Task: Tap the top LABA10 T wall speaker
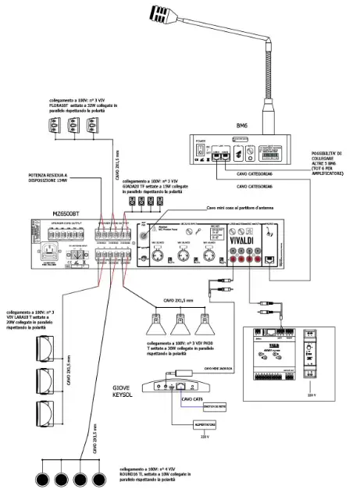pyautogui.click(x=45, y=337)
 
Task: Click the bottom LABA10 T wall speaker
pyautogui.click(x=45, y=412)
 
